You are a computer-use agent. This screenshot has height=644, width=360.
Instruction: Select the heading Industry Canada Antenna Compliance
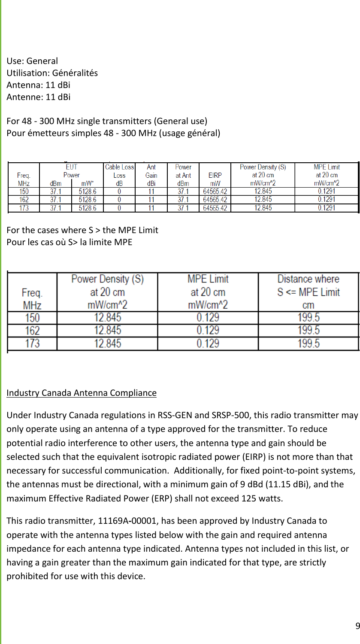pos(82,393)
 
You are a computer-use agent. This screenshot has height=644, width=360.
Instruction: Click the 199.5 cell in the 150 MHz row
pos(308,318)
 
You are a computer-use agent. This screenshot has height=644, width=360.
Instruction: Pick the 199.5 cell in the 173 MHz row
pos(308,343)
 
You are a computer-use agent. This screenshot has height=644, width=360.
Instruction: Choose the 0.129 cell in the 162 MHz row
pos(208,331)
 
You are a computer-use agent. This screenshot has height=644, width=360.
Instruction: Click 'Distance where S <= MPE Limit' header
pos(308,292)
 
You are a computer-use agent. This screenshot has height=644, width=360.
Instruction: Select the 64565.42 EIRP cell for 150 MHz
pos(215,191)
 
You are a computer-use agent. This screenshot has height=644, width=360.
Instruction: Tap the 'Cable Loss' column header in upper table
pos(119,171)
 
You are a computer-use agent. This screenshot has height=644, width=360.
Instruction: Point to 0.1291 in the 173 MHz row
pos(327,208)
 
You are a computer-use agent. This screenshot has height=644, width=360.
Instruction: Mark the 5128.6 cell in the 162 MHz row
pos(88,199)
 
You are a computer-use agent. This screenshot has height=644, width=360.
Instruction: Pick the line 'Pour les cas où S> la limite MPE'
pos(69,242)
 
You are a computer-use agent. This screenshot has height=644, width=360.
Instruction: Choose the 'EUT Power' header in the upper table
pos(72,171)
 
